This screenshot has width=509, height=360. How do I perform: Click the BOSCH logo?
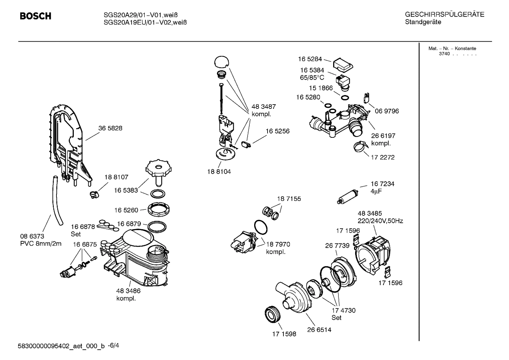coord(35,16)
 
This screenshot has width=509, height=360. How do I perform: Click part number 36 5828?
coord(110,128)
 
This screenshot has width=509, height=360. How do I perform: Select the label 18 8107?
coord(116,177)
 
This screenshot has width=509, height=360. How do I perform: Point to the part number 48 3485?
coord(370,213)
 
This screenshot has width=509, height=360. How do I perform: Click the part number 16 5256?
coord(277,131)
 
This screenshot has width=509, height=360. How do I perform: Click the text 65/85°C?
coord(312,78)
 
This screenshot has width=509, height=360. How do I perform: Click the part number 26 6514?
coord(319,330)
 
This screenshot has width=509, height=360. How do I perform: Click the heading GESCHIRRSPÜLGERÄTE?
coord(444,15)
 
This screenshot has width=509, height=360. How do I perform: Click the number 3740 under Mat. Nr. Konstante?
coord(444,54)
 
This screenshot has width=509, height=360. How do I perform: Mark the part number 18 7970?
coord(278,244)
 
